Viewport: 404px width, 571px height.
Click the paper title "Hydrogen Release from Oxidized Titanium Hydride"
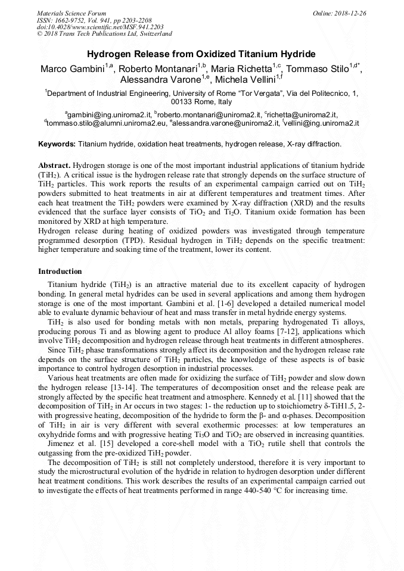pos(201,54)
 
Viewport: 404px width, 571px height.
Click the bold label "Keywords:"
pos(57,144)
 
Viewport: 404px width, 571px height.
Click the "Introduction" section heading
pos(60,272)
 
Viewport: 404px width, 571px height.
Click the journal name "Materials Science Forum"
pos(72,13)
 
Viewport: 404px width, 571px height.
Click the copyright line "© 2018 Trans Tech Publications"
pos(104,34)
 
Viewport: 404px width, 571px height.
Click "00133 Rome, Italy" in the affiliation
pos(201,102)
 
